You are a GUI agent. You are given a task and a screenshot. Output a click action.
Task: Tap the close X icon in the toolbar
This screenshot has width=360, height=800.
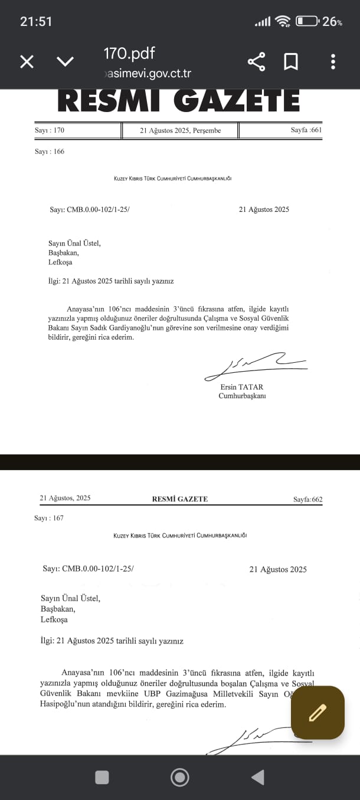point(27,61)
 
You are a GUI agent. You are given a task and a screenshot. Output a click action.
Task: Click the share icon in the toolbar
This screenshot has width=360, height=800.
point(256,61)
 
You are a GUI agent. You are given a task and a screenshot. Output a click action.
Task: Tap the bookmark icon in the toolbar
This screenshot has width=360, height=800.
point(291,61)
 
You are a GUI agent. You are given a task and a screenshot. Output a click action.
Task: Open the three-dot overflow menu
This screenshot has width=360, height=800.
point(333,61)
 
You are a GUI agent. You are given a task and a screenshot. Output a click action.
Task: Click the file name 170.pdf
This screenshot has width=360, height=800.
point(129,53)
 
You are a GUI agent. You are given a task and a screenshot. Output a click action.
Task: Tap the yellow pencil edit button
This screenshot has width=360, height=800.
point(318,713)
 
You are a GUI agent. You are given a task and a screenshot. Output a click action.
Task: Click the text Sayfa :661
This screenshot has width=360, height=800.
point(306,130)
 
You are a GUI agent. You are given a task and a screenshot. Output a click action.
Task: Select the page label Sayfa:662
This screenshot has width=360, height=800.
point(308,500)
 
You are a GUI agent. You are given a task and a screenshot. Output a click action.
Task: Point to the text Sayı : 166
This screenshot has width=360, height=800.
point(50,152)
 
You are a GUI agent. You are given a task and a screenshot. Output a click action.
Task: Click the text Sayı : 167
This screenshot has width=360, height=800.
point(49,519)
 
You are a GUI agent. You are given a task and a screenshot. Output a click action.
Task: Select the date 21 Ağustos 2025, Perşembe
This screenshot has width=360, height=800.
point(180,130)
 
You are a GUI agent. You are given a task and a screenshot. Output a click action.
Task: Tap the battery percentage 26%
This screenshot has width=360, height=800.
point(332,22)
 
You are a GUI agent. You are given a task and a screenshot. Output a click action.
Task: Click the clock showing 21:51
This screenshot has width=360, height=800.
point(36,22)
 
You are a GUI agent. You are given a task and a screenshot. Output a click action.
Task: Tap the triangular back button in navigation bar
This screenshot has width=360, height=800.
point(257,778)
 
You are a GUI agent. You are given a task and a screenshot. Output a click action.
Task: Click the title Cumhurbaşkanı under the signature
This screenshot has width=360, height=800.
point(242,396)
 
